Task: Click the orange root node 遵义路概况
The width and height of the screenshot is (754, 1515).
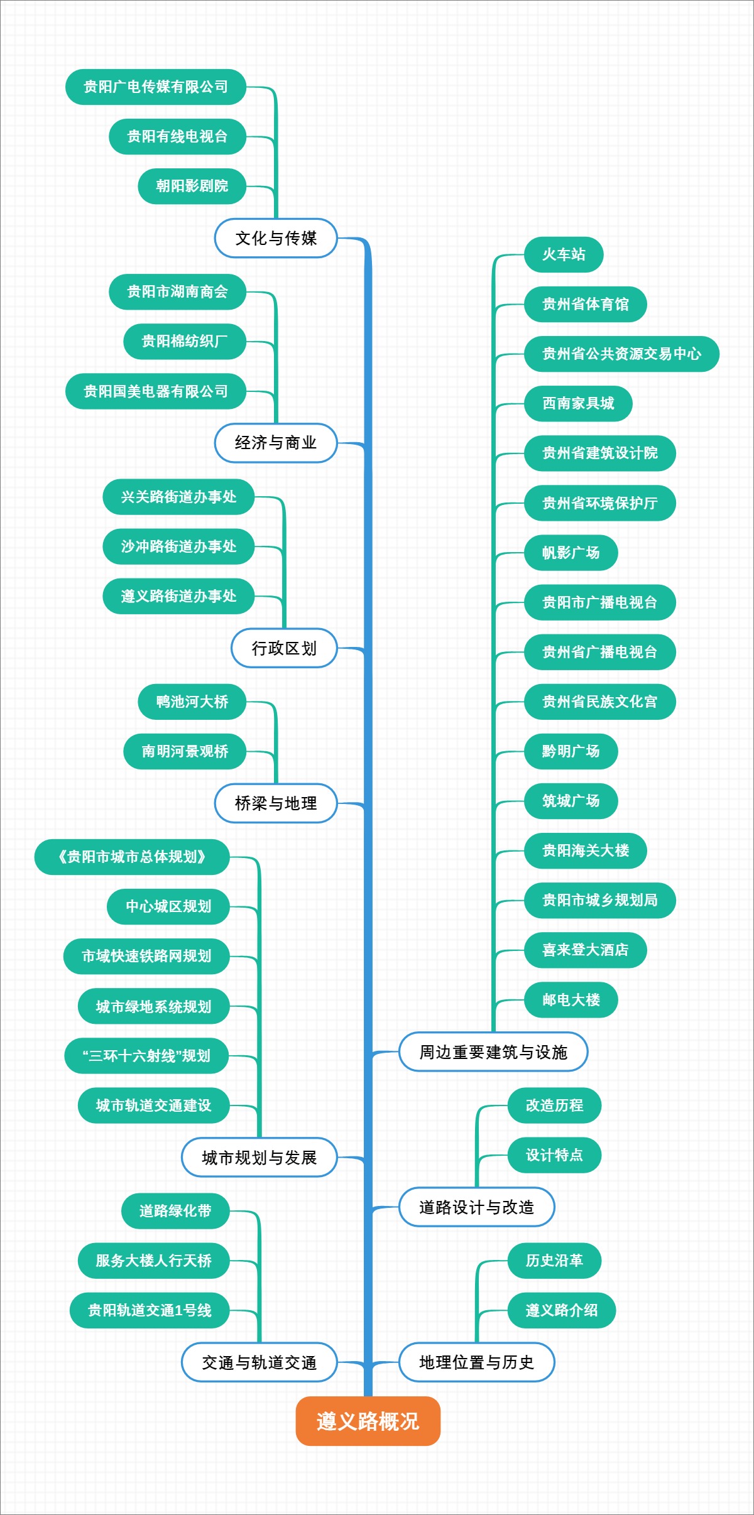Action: pyautogui.click(x=368, y=1421)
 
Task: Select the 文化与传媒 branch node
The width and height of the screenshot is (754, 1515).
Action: pyautogui.click(x=276, y=238)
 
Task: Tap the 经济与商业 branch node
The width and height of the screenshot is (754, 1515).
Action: pyautogui.click(x=276, y=443)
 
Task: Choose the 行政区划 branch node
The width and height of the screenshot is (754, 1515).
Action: pyautogui.click(x=284, y=648)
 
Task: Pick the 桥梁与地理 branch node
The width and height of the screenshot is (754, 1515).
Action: pyautogui.click(x=276, y=803)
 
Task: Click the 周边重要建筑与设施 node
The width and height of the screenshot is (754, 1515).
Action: pyautogui.click(x=493, y=1051)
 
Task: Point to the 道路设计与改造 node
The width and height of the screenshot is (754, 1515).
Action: pyautogui.click(x=476, y=1207)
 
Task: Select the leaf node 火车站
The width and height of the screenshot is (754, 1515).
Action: pyautogui.click(x=564, y=254)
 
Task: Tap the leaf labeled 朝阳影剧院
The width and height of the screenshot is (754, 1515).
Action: pyautogui.click(x=192, y=186)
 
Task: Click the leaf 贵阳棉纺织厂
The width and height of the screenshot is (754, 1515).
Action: pyautogui.click(x=184, y=341)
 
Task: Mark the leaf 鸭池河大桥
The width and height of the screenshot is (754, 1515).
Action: pyautogui.click(x=192, y=702)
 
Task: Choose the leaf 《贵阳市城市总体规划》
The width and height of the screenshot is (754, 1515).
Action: pyautogui.click(x=131, y=857)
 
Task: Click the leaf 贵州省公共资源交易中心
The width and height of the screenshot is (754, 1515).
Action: pyautogui.click(x=621, y=354)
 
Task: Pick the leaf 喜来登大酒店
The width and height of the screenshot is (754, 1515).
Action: pyautogui.click(x=585, y=950)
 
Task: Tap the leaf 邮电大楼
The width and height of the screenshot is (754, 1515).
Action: pyautogui.click(x=571, y=999)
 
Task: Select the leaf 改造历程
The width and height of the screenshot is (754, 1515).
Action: pyautogui.click(x=554, y=1105)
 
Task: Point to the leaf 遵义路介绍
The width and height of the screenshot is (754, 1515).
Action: pyautogui.click(x=561, y=1310)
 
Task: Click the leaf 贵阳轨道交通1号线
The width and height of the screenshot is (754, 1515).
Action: pyautogui.click(x=150, y=1310)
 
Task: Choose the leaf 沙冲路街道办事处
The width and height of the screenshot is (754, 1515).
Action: pyautogui.click(x=178, y=546)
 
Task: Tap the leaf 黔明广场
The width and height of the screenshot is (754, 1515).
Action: pyautogui.click(x=571, y=751)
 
